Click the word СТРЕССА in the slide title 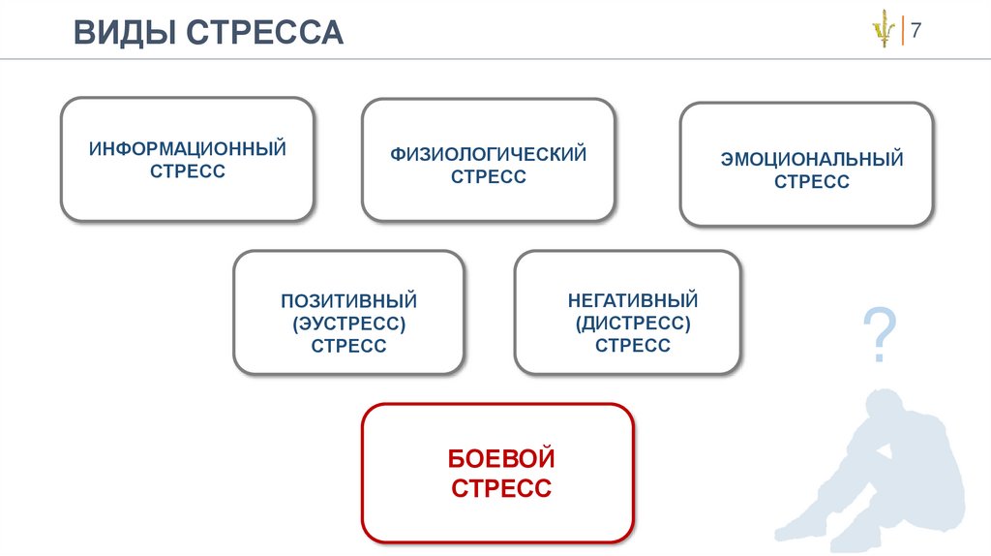click(265, 32)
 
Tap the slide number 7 click(916, 30)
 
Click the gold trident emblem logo click(882, 32)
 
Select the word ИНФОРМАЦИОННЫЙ click(188, 150)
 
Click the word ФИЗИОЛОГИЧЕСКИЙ click(489, 154)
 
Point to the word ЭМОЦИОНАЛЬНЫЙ click(811, 159)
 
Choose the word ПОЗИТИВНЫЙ click(348, 301)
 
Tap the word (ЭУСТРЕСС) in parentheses click(348, 324)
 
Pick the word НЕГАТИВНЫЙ click(632, 300)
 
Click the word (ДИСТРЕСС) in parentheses click(632, 323)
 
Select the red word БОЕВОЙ click(500, 457)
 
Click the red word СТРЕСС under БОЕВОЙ click(500, 487)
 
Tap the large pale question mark click(879, 337)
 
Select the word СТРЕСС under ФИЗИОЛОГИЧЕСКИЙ click(489, 176)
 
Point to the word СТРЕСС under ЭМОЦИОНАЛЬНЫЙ click(811, 181)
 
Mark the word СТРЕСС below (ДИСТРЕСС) click(632, 345)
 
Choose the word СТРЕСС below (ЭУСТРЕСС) click(348, 346)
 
